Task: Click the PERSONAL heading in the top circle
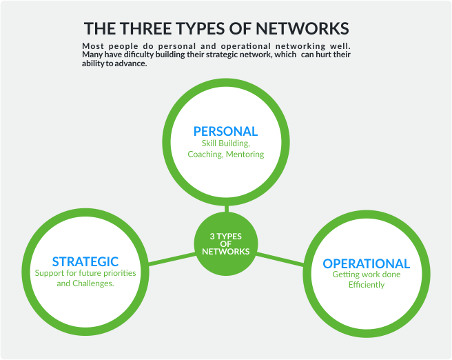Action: pos(225,131)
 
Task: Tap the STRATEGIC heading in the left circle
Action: pos(85,261)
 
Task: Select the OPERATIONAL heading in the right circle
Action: pos(366,263)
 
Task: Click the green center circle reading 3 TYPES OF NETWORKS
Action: pos(225,243)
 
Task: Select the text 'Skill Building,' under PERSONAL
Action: pos(225,143)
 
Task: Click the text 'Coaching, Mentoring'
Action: pos(225,154)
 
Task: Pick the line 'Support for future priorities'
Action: pos(85,273)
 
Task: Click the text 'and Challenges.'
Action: pos(85,283)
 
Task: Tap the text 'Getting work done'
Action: pos(366,274)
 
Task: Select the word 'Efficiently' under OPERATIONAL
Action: pos(366,285)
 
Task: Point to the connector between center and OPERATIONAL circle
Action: pos(279,258)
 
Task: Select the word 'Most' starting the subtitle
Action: pos(92,46)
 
